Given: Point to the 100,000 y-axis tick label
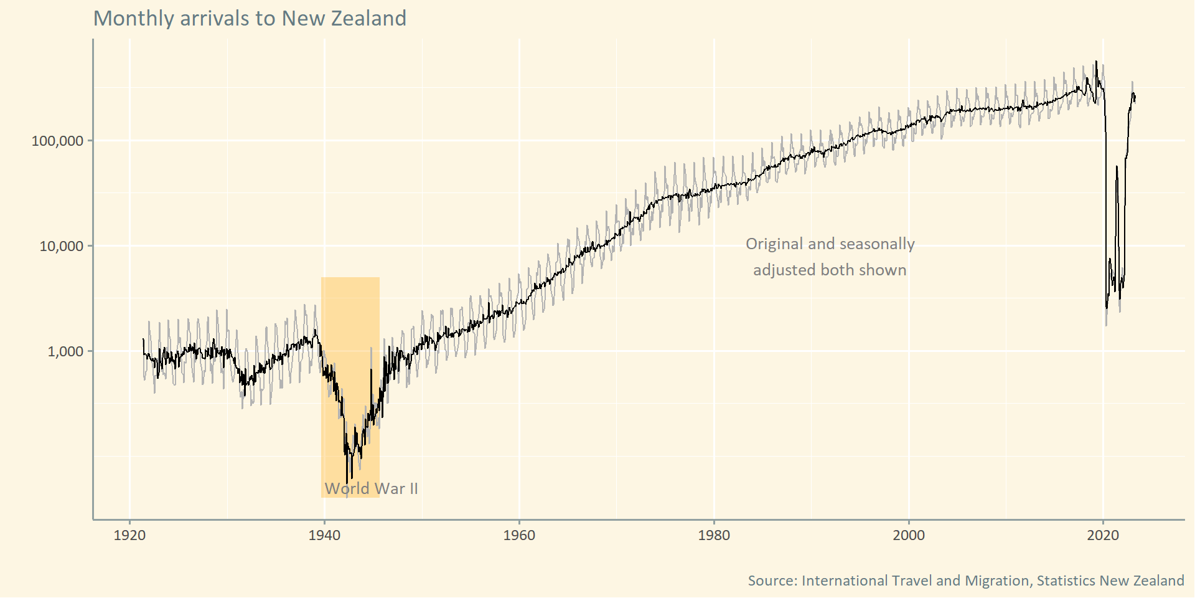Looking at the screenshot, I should coord(57,141).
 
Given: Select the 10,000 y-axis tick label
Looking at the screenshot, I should coord(61,246).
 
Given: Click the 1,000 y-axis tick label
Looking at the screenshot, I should coord(65,351).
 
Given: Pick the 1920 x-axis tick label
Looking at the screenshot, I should coord(129,535).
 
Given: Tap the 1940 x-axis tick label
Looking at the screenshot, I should coord(324,535).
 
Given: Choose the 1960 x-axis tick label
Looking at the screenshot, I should coord(519,535).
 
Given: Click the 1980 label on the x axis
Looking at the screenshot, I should coord(714,535).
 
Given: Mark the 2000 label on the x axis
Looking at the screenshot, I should coord(909,535).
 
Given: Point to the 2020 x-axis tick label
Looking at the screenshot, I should coord(1104,535).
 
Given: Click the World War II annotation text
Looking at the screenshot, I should coord(371,488).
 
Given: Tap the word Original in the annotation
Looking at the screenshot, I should coord(774,244).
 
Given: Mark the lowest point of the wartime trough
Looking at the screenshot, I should coord(347,483).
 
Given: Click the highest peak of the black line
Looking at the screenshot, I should coord(1096,62).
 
